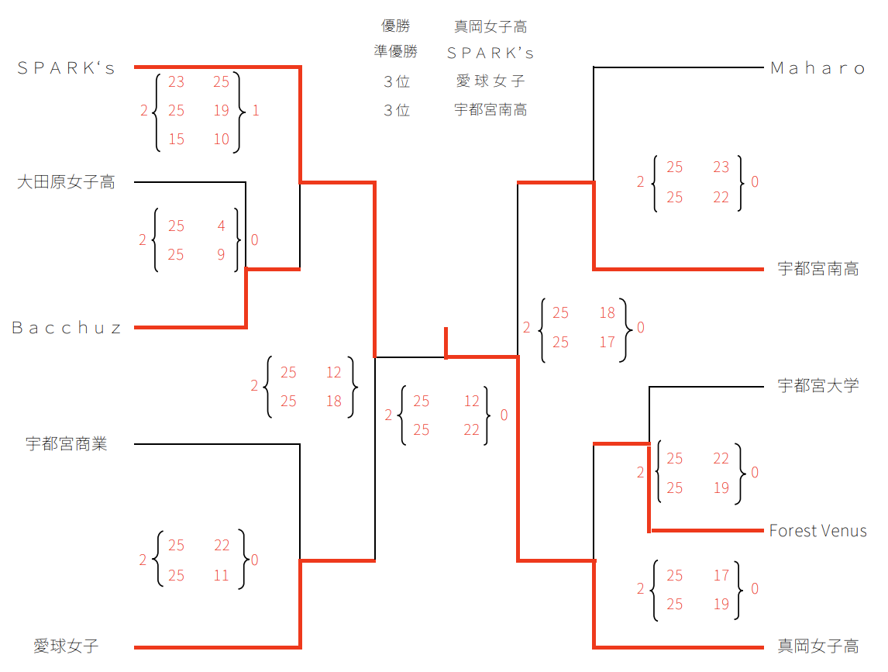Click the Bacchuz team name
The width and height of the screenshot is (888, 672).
pos(67,328)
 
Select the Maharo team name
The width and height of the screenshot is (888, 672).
pos(817,68)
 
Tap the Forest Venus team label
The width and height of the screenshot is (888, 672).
pos(817,531)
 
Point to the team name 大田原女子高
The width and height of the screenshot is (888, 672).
pos(66,183)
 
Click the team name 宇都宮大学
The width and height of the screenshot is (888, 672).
pos(817,386)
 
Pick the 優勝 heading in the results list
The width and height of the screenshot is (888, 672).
pos(396,26)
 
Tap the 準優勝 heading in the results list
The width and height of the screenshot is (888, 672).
pos(396,52)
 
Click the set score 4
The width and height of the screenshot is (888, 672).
pos(222,226)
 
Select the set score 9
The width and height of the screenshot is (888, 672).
pos(222,254)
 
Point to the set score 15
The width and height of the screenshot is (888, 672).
pos(176,140)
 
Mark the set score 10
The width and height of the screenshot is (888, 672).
pos(222,140)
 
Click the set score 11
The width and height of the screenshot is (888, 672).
pos(222,575)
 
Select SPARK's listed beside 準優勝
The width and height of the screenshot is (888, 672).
pos(490,53)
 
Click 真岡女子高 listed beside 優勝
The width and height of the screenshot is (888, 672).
pos(490,26)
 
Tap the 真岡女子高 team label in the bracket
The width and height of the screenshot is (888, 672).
pos(817,646)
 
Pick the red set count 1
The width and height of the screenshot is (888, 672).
pos(256,111)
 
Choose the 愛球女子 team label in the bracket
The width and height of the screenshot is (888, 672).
pos(66,646)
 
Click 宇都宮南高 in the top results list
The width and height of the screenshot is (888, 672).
pos(490,110)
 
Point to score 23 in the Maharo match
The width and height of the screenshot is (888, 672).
pos(721,167)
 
